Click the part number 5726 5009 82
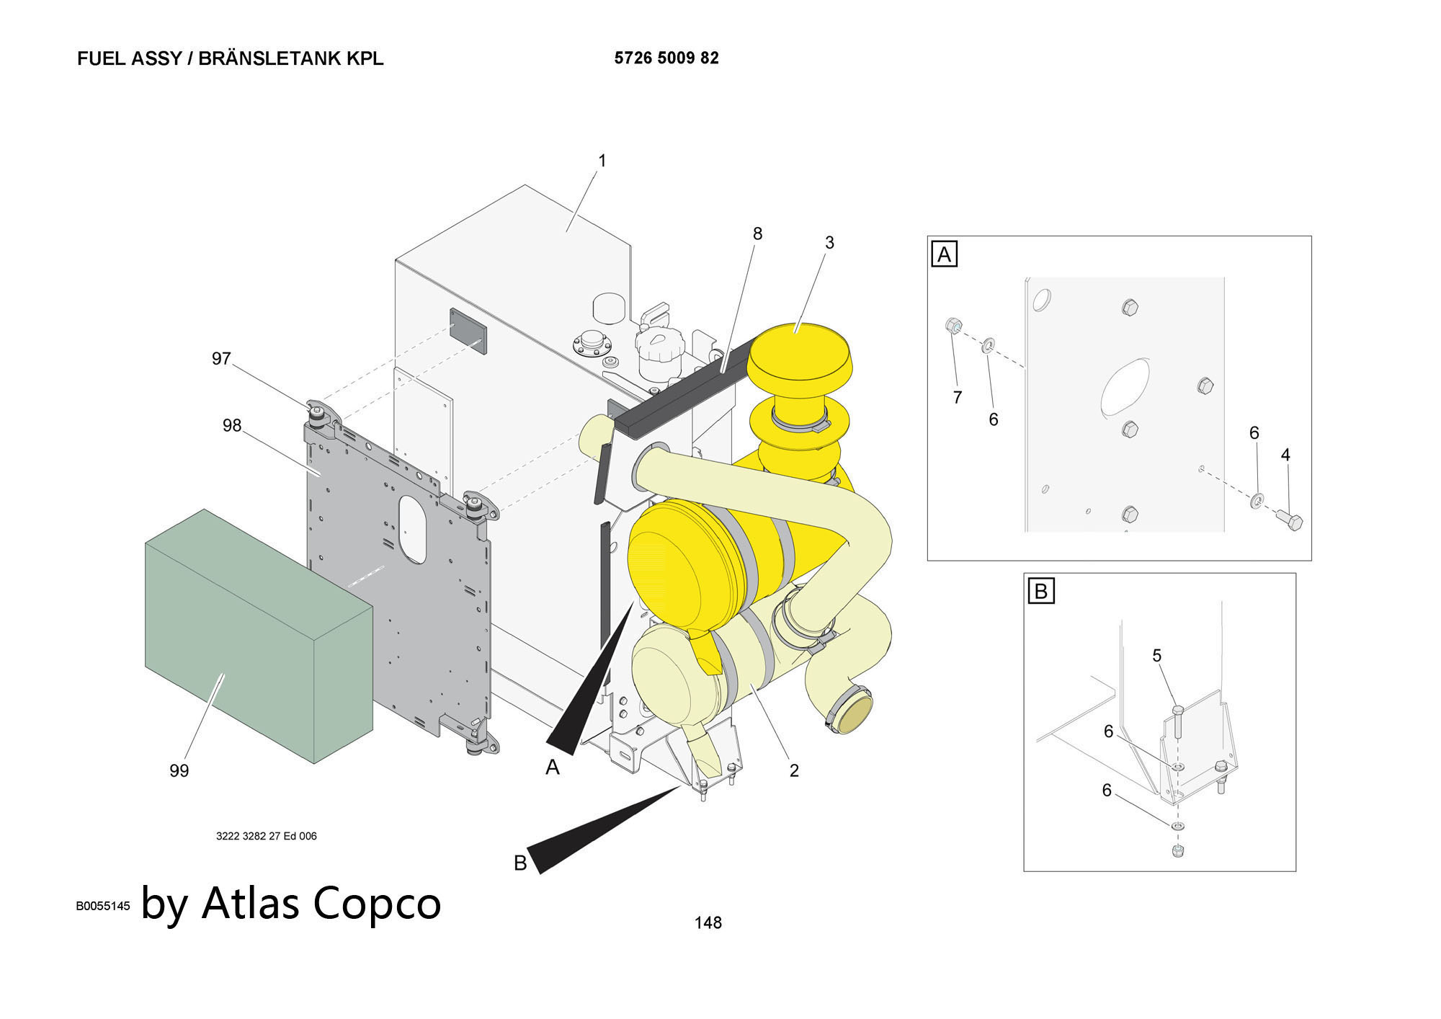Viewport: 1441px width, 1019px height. click(666, 58)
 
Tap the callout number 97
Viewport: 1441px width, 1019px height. click(221, 359)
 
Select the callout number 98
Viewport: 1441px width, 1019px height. click(232, 426)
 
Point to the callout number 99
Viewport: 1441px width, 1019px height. click(179, 771)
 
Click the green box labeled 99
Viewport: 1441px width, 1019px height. click(259, 634)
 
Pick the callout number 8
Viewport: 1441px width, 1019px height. click(757, 234)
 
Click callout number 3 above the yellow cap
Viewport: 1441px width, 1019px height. click(829, 243)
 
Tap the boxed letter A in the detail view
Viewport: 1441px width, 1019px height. click(944, 254)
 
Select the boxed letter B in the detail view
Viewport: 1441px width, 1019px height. click(1040, 592)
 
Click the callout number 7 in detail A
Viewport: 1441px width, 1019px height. click(958, 397)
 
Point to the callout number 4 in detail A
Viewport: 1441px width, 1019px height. click(1285, 455)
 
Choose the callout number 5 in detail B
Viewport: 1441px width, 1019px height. click(1157, 656)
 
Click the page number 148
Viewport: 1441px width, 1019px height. click(708, 922)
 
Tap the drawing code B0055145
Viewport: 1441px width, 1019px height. click(103, 906)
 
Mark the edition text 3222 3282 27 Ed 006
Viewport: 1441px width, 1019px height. click(267, 836)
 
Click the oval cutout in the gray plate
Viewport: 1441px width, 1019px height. click(413, 528)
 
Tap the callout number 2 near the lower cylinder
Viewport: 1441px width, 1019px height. click(794, 770)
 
